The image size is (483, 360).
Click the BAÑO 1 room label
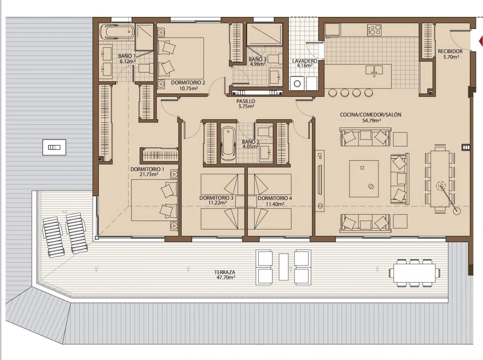[x=127, y=56]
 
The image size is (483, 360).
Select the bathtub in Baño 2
[x=228, y=144]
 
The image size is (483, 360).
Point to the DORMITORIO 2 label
[x=188, y=83]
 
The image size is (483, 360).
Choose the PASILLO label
[x=246, y=101]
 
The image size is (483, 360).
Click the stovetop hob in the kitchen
[x=374, y=30]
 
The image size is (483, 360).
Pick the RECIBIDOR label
[x=450, y=51]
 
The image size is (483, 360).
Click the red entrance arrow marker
[x=480, y=41]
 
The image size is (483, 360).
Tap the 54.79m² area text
[x=371, y=121]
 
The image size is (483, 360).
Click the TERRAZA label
[x=224, y=272]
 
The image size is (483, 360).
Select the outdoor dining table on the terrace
[x=414, y=272]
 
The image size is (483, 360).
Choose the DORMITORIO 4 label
[x=275, y=198]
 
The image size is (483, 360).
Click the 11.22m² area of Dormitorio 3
[x=217, y=203]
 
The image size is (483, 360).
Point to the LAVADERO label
[x=305, y=61]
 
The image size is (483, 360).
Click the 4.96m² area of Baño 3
[x=258, y=64]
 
